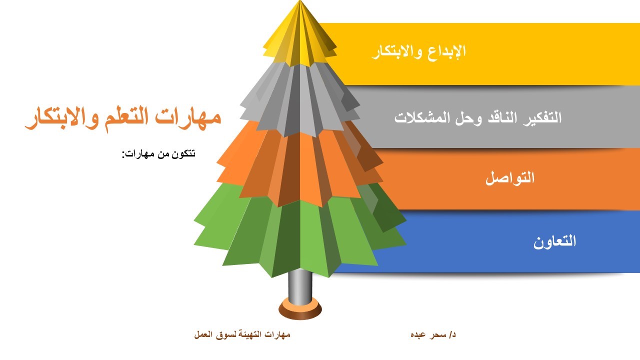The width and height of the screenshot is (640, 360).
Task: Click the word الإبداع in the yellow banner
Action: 447,51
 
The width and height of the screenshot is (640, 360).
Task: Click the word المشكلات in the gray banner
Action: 416,117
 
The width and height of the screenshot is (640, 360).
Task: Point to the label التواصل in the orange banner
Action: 510,177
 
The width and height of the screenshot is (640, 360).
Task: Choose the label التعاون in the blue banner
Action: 554,241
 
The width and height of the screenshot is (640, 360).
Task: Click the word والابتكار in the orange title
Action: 62,118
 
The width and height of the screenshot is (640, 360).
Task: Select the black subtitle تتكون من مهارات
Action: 159,154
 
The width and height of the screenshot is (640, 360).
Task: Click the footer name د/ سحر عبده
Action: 433,334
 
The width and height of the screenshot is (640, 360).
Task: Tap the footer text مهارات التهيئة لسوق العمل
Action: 242,334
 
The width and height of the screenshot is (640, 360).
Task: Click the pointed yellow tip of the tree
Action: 299,1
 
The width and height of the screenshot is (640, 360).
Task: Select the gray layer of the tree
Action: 299,100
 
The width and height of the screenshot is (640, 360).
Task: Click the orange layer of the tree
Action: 299,165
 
